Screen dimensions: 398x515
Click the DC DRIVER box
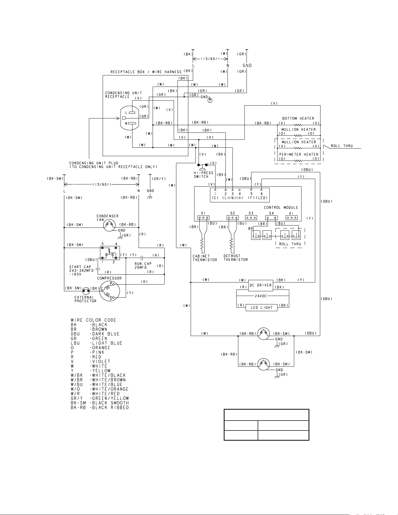tap(261, 285)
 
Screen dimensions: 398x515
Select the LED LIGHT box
tap(261, 307)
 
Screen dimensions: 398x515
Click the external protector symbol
tap(86, 290)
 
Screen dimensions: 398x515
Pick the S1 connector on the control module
tap(203, 218)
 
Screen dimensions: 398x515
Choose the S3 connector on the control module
tap(251, 218)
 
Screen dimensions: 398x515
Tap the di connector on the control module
tap(292, 218)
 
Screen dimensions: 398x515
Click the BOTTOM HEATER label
tap(298, 118)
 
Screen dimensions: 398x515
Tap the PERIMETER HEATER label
tap(299, 154)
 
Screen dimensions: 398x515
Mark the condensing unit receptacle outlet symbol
tap(130, 118)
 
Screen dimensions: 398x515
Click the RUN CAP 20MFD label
tap(143, 266)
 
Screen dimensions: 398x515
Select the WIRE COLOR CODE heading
tap(94, 320)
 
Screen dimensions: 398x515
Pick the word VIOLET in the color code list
tap(101, 361)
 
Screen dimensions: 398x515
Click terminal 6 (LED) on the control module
tap(261, 190)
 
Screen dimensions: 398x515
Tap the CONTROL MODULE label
tap(281, 208)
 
